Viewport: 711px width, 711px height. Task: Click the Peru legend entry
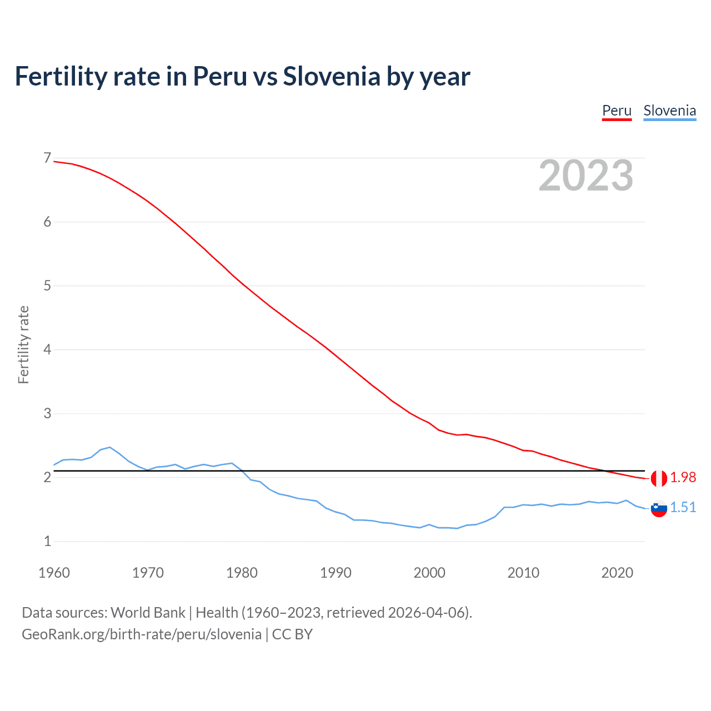[617, 111]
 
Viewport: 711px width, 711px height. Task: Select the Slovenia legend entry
[669, 111]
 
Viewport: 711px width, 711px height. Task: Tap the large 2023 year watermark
[585, 176]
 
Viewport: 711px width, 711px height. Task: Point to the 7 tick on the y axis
[47, 158]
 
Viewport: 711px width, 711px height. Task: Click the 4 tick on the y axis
[47, 349]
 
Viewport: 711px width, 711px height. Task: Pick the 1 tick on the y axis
[47, 541]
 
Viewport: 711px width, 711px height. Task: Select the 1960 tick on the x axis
[54, 573]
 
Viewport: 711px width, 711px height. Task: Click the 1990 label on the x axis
[336, 573]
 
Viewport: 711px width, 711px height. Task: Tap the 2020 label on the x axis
[617, 573]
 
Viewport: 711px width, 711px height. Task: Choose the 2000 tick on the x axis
[429, 573]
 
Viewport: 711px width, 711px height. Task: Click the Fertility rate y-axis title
[23, 344]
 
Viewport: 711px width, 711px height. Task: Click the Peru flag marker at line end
[659, 478]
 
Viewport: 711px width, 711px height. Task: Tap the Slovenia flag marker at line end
[659, 508]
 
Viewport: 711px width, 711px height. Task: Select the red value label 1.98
[683, 478]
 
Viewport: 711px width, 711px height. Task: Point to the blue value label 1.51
[683, 508]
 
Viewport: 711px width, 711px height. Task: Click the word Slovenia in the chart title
[331, 77]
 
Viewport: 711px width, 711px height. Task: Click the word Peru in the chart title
[219, 77]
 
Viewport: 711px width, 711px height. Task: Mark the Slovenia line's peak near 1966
[110, 447]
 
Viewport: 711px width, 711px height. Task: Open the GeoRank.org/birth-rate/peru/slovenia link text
[142, 634]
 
